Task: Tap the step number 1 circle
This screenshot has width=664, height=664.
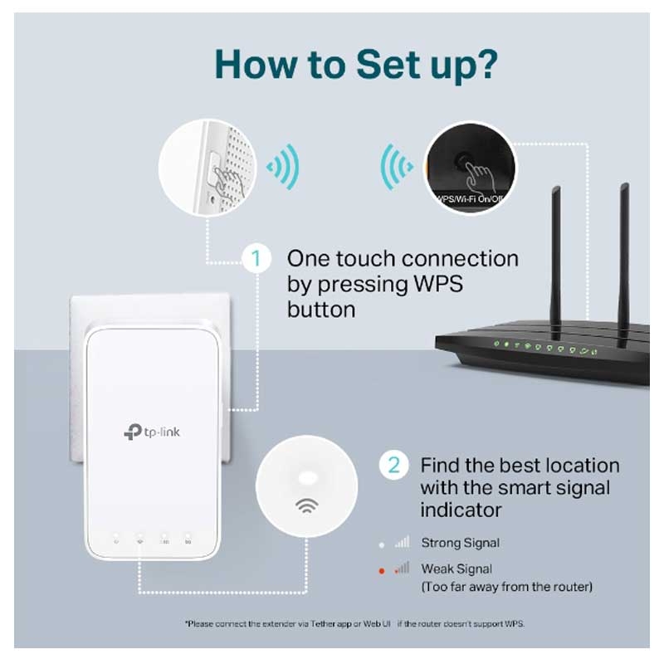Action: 256,259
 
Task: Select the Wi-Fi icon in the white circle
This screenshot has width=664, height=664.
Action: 306,506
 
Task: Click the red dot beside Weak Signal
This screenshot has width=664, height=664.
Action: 382,569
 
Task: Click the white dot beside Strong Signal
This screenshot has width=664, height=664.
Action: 382,543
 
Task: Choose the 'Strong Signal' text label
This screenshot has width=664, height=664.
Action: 460,543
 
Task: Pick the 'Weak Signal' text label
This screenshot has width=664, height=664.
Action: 456,569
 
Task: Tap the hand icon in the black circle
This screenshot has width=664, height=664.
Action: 476,175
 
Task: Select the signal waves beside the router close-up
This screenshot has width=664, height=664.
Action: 396,166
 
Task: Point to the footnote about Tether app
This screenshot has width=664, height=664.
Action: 354,622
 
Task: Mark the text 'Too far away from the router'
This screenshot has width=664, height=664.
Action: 506,588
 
